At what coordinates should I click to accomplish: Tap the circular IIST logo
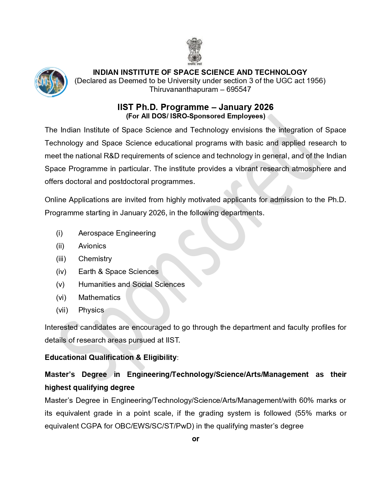pyautogui.click(x=51, y=82)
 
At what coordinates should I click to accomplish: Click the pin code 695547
pyautogui.click(x=238, y=89)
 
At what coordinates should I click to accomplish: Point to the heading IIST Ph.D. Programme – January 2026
pyautogui.click(x=195, y=107)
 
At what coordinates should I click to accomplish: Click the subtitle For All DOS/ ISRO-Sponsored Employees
pyautogui.click(x=195, y=116)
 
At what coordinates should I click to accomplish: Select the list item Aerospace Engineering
pyautogui.click(x=117, y=233)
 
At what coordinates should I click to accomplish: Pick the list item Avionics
pyautogui.click(x=92, y=246)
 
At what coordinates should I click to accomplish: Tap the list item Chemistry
pyautogui.click(x=95, y=259)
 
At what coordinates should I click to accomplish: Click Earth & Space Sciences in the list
pyautogui.click(x=118, y=272)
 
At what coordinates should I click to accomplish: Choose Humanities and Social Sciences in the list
pyautogui.click(x=131, y=284)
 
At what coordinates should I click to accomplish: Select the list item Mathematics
pyautogui.click(x=99, y=298)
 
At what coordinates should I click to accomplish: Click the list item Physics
pyautogui.click(x=91, y=310)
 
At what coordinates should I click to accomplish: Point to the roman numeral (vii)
pyautogui.click(x=62, y=310)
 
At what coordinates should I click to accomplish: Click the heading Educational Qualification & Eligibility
pyautogui.click(x=111, y=358)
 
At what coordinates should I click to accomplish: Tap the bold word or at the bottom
pyautogui.click(x=196, y=439)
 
